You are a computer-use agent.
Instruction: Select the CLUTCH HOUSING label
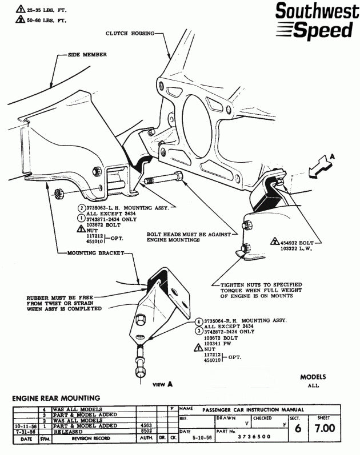(129, 33)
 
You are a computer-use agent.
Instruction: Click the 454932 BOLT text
(296, 242)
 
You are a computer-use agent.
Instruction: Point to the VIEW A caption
(163, 385)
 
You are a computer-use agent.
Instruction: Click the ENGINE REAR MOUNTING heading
(56, 398)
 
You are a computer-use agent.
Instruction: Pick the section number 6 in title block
(295, 429)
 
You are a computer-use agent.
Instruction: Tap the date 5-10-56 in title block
(202, 437)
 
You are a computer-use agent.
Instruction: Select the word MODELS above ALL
(313, 377)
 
